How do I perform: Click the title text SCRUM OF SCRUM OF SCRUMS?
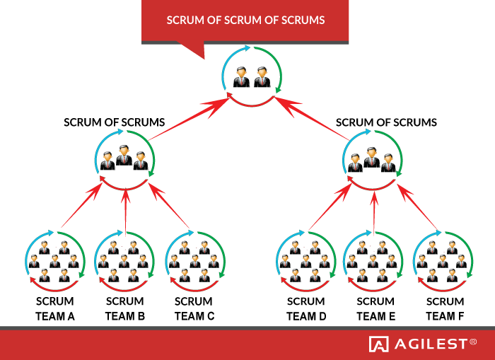(x=245, y=21)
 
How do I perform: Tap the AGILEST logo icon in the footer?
(x=378, y=344)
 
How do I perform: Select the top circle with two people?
(x=252, y=76)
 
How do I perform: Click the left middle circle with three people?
(x=124, y=160)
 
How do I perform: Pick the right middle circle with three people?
(x=372, y=160)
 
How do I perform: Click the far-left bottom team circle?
(x=55, y=261)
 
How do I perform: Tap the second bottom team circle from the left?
(x=124, y=261)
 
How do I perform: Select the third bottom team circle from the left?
(x=195, y=261)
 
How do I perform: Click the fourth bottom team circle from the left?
(x=305, y=261)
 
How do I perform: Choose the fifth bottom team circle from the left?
(x=373, y=261)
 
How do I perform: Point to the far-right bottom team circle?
(x=443, y=261)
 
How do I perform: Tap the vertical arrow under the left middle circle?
(x=125, y=209)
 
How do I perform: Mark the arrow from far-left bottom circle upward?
(x=82, y=206)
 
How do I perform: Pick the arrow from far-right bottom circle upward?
(x=419, y=207)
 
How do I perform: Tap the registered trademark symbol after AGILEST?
(x=473, y=342)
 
